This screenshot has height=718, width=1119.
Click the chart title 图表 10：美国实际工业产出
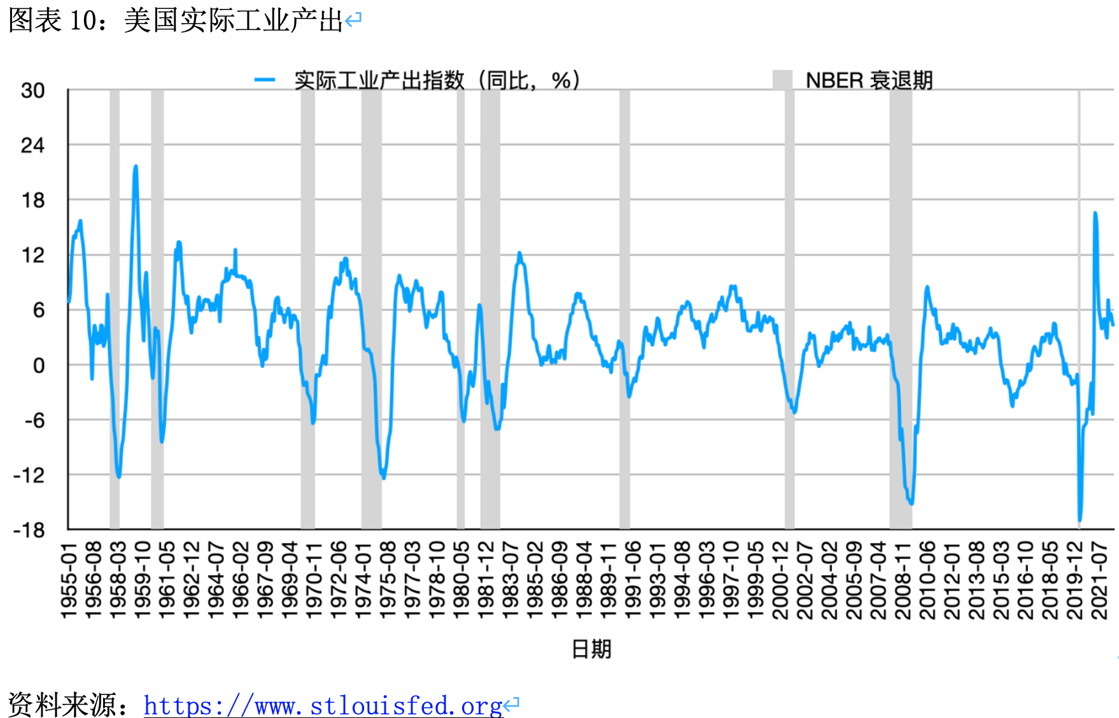click(176, 20)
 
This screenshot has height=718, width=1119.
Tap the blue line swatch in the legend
click(264, 80)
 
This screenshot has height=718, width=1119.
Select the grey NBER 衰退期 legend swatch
click(782, 80)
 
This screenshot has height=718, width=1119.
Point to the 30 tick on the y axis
click(33, 90)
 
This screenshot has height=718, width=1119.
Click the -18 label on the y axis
click(29, 530)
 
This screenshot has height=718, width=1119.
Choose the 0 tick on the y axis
click(39, 365)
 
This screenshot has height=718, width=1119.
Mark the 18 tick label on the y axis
click(33, 201)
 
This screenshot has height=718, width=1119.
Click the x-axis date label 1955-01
click(68, 580)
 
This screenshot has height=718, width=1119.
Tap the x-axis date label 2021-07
click(1099, 580)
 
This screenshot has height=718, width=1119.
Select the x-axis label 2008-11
click(903, 580)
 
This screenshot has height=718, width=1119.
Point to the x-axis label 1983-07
click(510, 580)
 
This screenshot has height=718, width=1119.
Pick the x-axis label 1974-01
click(363, 580)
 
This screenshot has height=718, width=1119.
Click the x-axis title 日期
click(591, 649)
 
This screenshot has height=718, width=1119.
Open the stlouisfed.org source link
click(323, 705)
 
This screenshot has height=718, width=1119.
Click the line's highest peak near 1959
click(136, 167)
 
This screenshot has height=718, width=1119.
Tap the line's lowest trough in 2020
click(1080, 521)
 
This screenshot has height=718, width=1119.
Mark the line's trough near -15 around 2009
click(911, 503)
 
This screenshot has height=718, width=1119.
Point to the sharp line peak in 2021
click(1095, 213)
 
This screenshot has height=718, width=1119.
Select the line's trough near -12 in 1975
click(383, 477)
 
